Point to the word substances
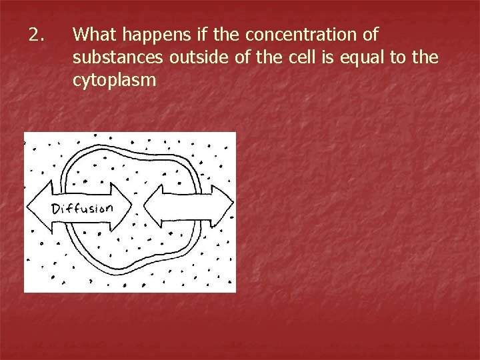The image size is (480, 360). [118, 58]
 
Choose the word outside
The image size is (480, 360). [197, 58]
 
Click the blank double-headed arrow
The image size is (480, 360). [189, 206]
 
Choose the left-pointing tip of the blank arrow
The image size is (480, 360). [145, 206]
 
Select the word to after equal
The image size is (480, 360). [399, 58]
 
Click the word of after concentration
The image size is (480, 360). [370, 34]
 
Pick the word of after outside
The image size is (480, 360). [241, 58]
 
